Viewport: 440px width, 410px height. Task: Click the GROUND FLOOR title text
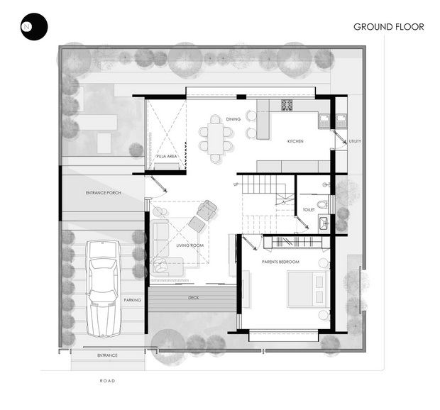coord(389,27)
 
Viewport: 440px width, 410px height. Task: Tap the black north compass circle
coord(34,27)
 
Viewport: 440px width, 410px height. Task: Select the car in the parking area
coord(104,289)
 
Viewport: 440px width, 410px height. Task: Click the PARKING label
coord(133,300)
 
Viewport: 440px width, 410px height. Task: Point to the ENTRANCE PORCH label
coord(104,193)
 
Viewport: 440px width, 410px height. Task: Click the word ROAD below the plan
coord(107,381)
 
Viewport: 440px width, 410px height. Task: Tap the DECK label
coord(193,297)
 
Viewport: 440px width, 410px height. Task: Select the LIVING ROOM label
coord(190,245)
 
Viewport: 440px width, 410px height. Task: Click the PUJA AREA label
coord(167,156)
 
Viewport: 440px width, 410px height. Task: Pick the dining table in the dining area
coord(216,139)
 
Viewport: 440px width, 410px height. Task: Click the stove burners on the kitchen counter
coord(287,105)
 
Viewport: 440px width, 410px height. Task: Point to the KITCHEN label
coord(295,141)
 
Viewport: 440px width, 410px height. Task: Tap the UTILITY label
coord(355,141)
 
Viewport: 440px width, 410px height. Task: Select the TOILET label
coord(309,210)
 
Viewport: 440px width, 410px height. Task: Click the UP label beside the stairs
coord(236,184)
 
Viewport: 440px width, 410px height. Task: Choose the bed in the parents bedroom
coord(308,289)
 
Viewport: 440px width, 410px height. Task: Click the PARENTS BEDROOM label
coord(280,262)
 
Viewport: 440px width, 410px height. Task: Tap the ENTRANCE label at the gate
coord(107,355)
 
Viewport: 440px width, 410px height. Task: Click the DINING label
coord(233,119)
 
